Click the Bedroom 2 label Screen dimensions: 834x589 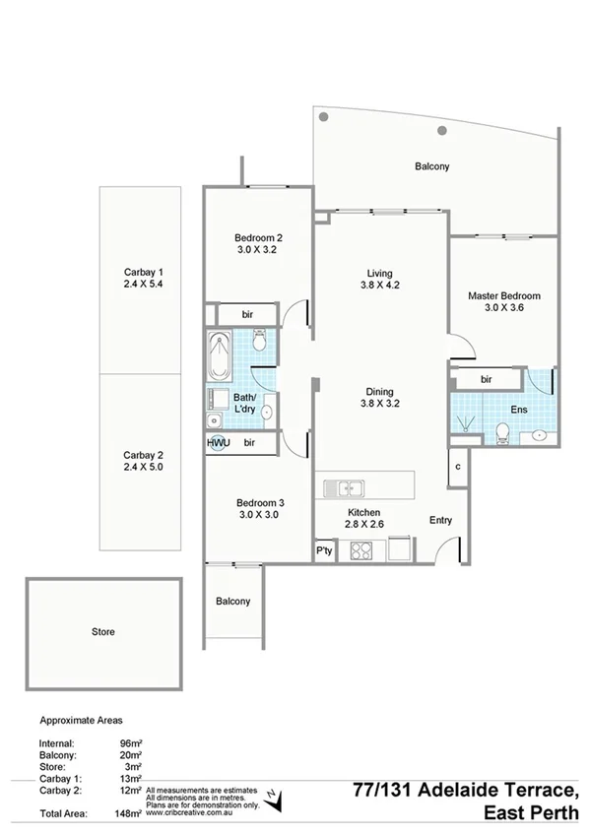tap(259, 237)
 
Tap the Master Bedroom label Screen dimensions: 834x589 tap(504, 295)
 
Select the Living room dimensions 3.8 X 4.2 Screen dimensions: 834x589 tap(381, 286)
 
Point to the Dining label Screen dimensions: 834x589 tap(381, 390)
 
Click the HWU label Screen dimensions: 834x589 tap(218, 443)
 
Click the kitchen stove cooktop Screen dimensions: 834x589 tap(360, 550)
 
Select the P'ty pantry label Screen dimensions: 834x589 tap(323, 551)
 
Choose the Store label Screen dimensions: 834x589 tap(102, 631)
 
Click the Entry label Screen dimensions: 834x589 tap(442, 521)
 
